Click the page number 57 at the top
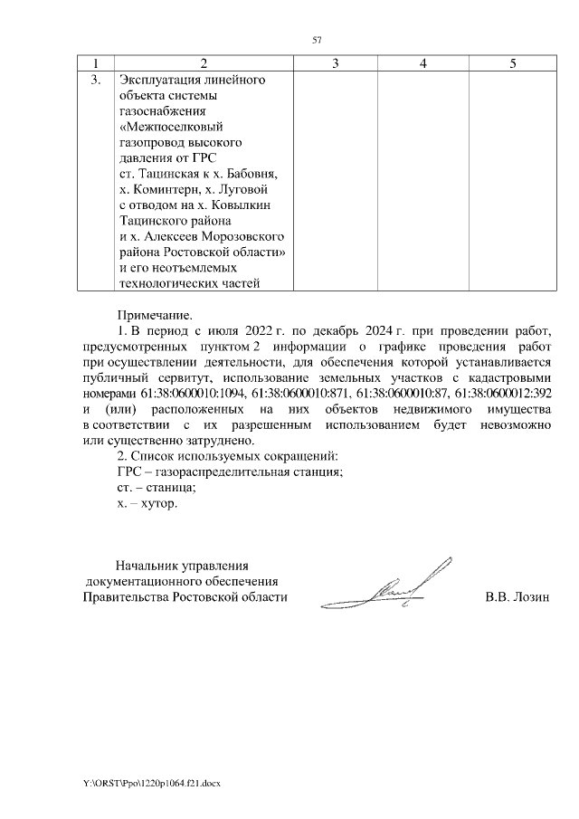(317, 39)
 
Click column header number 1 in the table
(91, 63)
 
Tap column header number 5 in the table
(513, 63)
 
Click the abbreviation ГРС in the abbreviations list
(131, 471)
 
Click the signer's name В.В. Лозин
(517, 597)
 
